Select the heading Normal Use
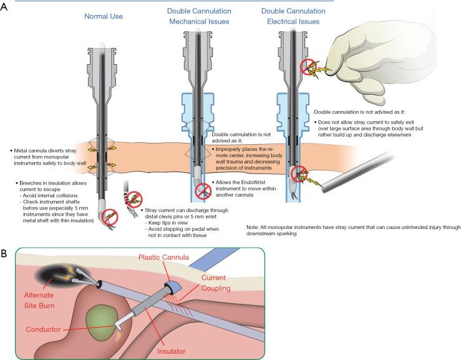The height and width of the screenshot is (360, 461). [103, 11]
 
